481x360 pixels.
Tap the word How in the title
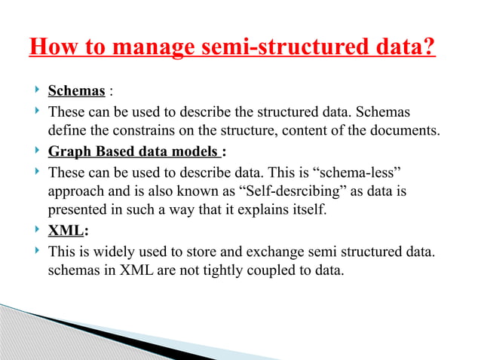(x=55, y=51)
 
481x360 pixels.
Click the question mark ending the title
(x=429, y=51)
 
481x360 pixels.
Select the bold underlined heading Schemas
(x=76, y=92)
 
